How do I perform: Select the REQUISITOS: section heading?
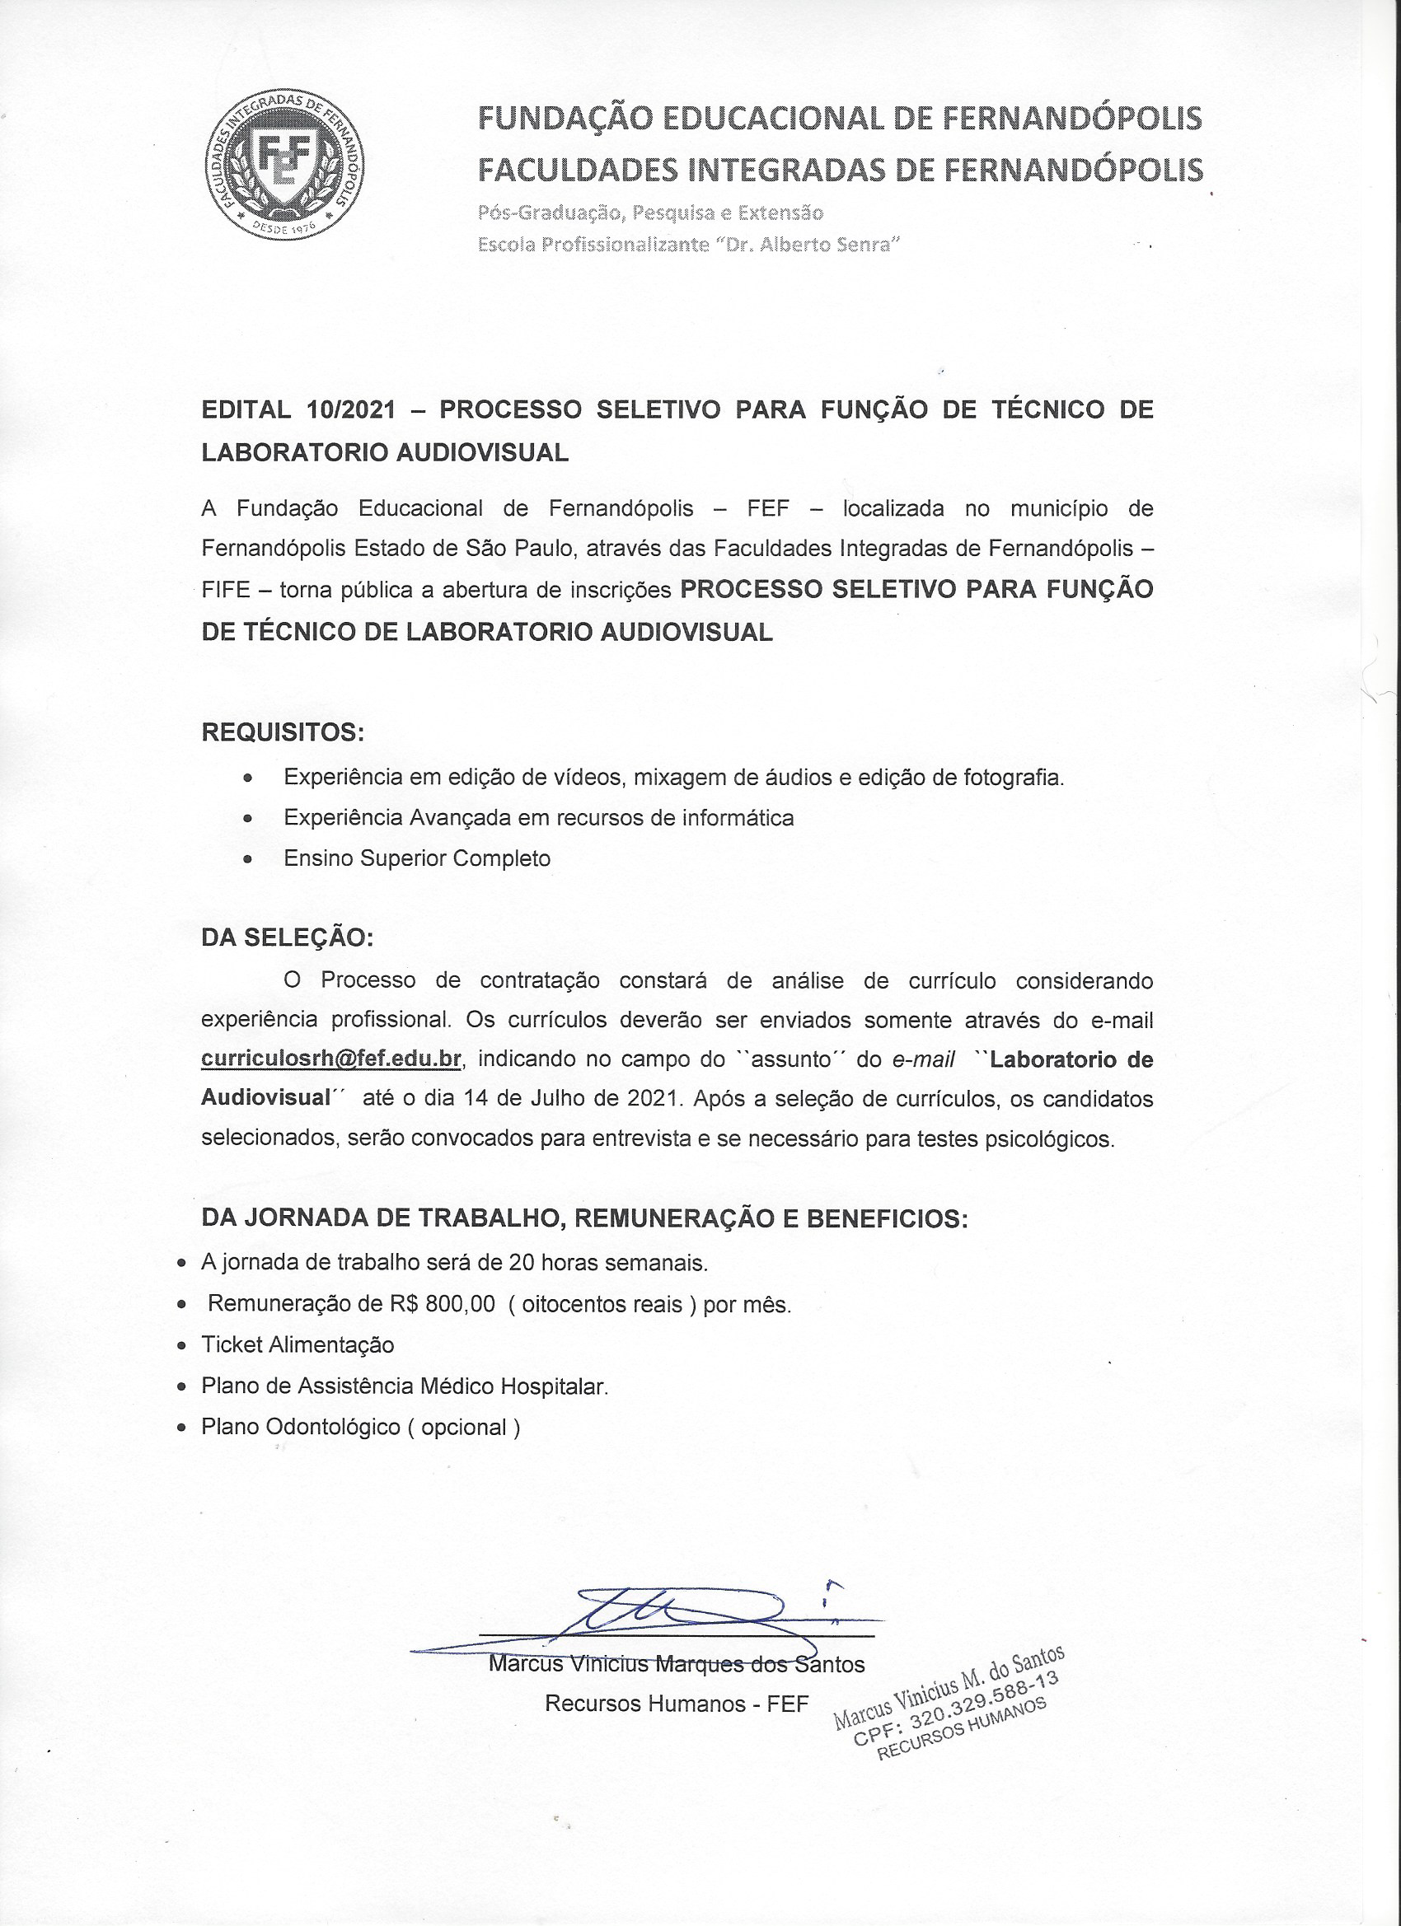click(283, 732)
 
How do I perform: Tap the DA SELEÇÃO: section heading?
click(287, 937)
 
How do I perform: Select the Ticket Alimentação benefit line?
click(298, 1344)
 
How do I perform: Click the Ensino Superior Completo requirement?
click(417, 858)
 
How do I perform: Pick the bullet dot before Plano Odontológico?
click(181, 1428)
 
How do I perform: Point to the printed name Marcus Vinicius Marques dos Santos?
click(677, 1664)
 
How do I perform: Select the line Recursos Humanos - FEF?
click(677, 1704)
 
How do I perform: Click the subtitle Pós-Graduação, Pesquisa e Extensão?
click(651, 212)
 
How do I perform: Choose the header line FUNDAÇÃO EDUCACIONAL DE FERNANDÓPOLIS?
click(840, 118)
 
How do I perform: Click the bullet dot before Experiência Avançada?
click(247, 820)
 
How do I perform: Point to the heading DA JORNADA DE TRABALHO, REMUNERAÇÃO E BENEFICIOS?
click(584, 1218)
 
